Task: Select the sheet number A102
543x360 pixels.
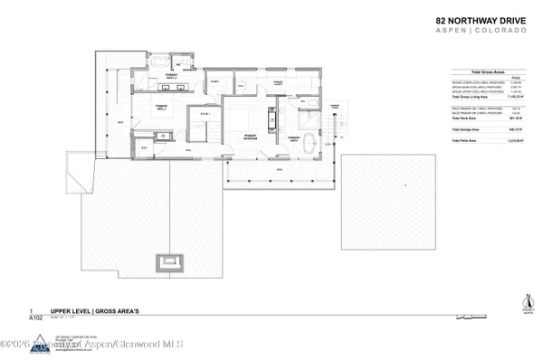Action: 37,318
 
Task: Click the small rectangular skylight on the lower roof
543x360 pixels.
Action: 167,261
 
